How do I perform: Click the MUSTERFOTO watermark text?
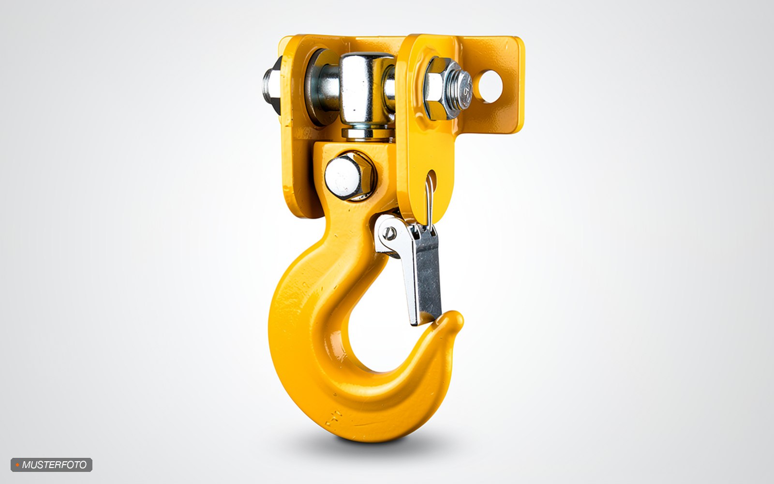54,465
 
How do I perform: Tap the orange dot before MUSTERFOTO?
17,465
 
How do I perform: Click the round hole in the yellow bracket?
491,87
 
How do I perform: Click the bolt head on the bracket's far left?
271,87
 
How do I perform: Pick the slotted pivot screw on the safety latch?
390,234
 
